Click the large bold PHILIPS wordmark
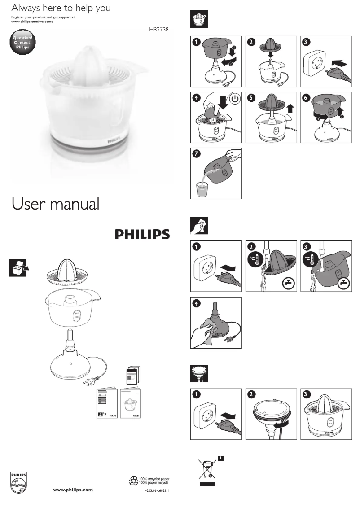141,234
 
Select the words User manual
55,204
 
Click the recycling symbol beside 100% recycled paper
133,481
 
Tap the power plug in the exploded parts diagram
89,383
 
